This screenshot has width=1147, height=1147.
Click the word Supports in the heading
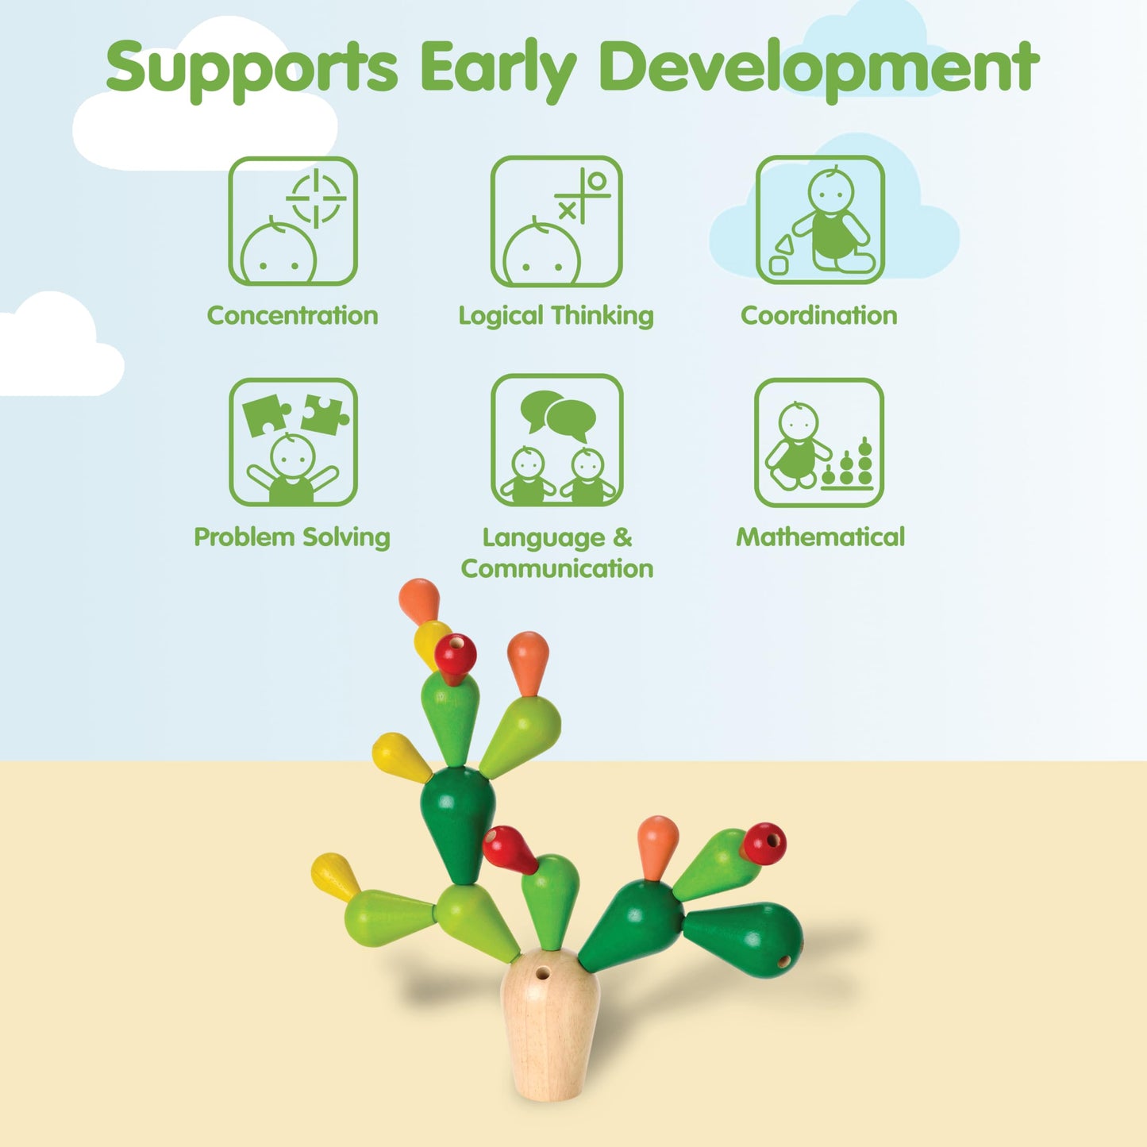(252, 68)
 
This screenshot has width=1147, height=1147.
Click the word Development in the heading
(818, 68)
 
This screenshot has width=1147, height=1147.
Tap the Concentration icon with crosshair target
(293, 221)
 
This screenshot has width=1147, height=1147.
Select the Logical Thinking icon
(556, 221)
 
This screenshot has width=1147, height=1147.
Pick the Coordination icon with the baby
(820, 220)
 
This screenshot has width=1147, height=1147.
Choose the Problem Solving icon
(293, 442)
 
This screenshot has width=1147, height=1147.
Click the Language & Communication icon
(556, 441)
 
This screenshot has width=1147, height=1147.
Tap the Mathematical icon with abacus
(818, 442)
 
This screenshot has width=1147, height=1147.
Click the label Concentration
(292, 316)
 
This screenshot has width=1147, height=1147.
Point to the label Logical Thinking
(556, 316)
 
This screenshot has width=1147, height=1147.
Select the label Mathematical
(820, 537)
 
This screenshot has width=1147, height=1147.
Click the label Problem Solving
(292, 537)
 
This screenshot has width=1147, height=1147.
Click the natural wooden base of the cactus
(550, 1032)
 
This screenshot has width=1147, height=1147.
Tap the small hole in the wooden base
(543, 972)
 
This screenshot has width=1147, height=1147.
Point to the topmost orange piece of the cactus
(419, 599)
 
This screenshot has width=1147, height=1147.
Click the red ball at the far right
(765, 844)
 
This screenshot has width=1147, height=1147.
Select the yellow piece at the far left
(333, 876)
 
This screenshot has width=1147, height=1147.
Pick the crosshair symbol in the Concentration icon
(316, 198)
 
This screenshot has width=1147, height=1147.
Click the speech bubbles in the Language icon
(559, 414)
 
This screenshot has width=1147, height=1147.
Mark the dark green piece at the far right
(746, 939)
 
